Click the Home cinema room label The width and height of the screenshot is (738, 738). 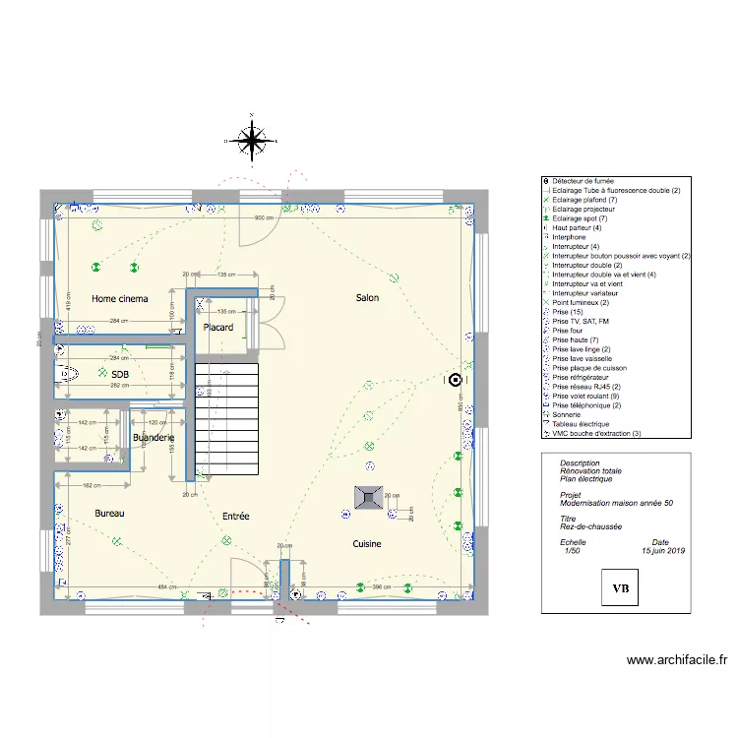click(x=120, y=297)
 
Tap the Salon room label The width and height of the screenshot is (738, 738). click(x=366, y=297)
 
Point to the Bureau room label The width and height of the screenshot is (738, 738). click(x=110, y=514)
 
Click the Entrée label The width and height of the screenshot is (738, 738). click(x=235, y=516)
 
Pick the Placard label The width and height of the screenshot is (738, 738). click(x=217, y=328)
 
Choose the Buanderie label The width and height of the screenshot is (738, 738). click(x=153, y=437)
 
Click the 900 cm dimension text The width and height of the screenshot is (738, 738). click(x=264, y=217)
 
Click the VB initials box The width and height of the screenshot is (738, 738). click(x=621, y=588)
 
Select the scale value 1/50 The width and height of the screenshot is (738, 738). click(x=570, y=551)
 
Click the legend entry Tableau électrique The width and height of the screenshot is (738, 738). click(x=582, y=424)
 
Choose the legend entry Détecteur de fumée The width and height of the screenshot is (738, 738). click(x=583, y=181)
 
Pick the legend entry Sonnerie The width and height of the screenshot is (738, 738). click(x=569, y=414)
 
